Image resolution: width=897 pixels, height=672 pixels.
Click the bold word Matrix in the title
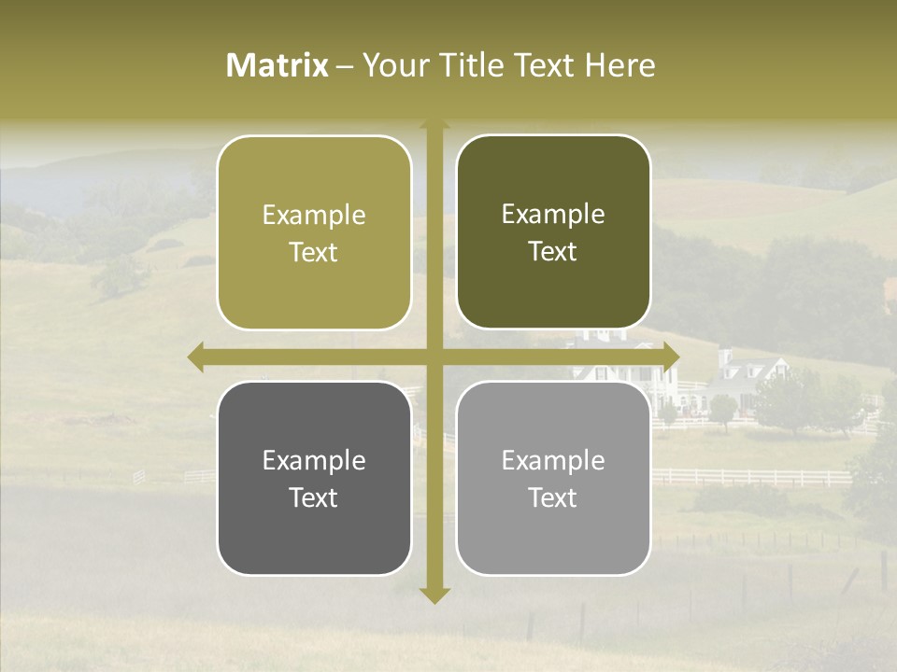pos(278,65)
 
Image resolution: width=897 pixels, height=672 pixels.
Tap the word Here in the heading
pos(620,65)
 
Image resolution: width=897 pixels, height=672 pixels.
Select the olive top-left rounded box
pos(314,232)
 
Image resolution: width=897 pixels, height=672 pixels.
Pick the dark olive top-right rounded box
pos(553,231)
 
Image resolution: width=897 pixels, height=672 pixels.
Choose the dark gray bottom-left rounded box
pos(314,478)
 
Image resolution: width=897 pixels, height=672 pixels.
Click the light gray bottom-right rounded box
pos(553,478)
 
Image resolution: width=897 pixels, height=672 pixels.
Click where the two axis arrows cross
pos(434,357)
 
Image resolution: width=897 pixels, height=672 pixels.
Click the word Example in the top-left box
pos(314,215)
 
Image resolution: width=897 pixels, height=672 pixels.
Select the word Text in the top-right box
pos(553,251)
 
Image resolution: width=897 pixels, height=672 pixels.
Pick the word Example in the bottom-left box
pos(314,460)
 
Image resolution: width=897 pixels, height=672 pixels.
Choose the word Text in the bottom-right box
pos(553,497)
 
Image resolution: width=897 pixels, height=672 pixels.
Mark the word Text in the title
pos(545,65)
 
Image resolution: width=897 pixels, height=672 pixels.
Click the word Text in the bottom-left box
pos(314,497)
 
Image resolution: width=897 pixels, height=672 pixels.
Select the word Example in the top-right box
pos(553,214)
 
